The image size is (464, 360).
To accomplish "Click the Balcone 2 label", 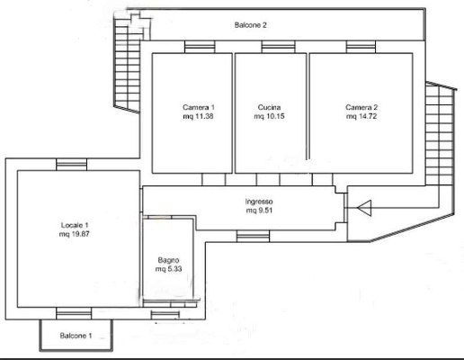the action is [251, 25].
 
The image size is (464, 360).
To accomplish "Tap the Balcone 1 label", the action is [76, 336].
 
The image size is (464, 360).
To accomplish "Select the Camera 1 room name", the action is [199, 107].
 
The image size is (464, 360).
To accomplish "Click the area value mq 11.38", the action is [198, 116].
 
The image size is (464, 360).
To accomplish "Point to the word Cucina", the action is [269, 107].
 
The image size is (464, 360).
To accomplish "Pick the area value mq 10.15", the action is [269, 116].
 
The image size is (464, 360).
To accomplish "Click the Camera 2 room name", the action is [361, 107].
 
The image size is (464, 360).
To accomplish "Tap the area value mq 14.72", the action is [361, 116].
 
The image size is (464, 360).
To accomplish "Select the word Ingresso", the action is [259, 202].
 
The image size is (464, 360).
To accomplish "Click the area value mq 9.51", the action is [259, 211].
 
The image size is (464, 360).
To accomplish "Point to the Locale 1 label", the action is [75, 225].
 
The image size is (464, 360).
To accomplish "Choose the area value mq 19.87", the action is [74, 234].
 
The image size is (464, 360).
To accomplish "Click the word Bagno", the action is [168, 260].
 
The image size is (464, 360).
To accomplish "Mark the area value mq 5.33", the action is [168, 269].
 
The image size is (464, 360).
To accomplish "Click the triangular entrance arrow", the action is [364, 208].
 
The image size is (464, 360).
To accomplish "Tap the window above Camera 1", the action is [200, 47].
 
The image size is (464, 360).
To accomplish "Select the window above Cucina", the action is [278, 47].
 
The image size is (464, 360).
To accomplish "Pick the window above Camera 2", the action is [361, 47].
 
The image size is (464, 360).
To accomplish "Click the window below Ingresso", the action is [253, 236].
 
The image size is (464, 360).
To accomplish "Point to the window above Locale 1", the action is [72, 165].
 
